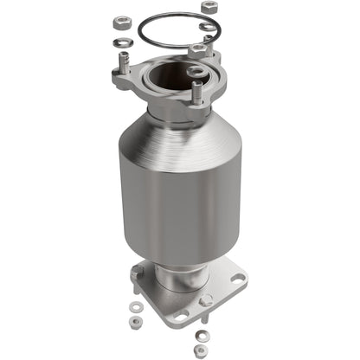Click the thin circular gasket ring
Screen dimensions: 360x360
(x=147, y=35)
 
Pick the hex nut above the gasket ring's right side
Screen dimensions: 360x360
(x=209, y=9)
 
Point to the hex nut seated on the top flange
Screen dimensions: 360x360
(x=198, y=51)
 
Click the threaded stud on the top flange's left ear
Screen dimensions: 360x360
(x=127, y=63)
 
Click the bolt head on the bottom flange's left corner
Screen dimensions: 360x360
(x=138, y=275)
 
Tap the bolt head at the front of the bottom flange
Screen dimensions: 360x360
(x=206, y=300)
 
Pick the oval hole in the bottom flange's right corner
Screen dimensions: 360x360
(x=235, y=280)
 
